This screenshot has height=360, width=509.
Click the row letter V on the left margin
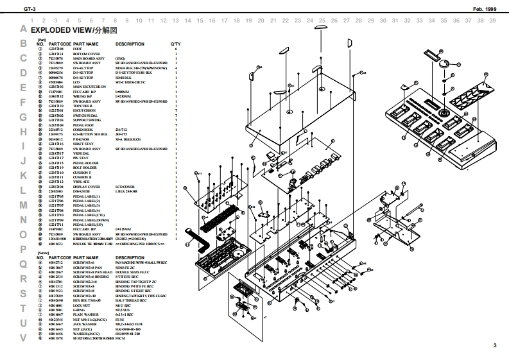pos(23,338)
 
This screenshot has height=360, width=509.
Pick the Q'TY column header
pos(175,44)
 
